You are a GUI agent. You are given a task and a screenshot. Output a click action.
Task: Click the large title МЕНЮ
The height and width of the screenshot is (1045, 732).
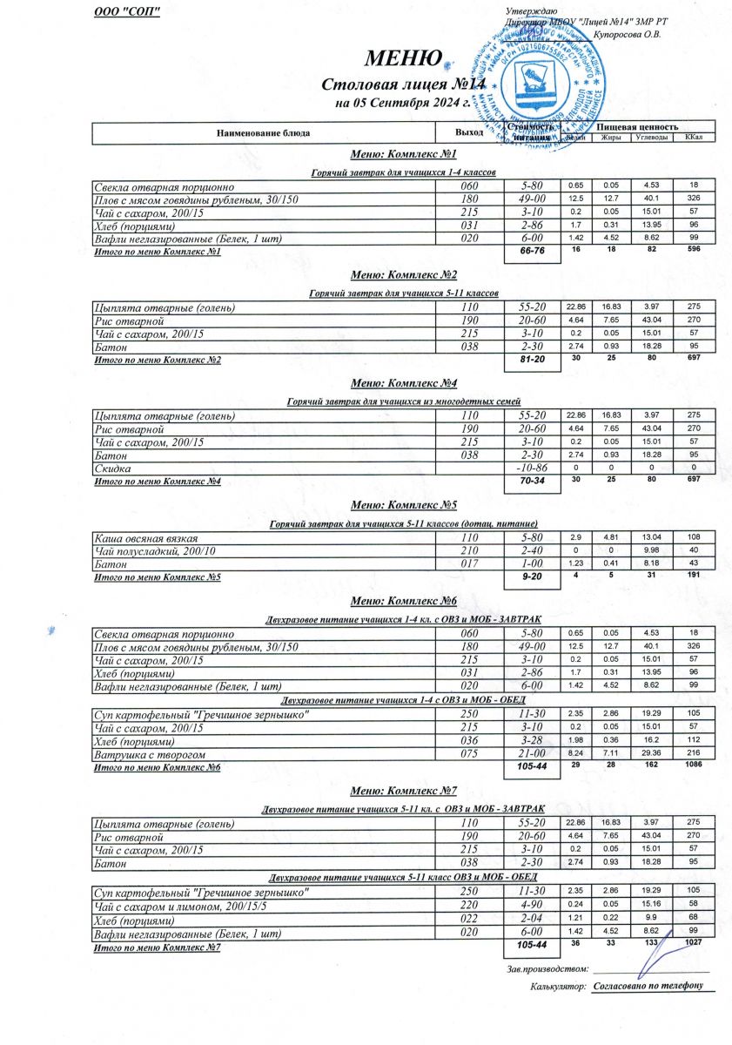[401, 59]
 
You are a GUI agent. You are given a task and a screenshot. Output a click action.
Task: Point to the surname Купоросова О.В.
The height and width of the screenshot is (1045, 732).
[627, 35]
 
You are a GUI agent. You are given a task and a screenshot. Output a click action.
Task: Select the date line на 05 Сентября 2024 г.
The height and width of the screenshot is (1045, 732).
[402, 103]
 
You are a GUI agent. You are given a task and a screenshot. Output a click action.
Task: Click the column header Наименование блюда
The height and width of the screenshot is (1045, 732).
[264, 133]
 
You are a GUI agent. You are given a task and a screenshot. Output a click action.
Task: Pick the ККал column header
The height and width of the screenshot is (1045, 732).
[694, 138]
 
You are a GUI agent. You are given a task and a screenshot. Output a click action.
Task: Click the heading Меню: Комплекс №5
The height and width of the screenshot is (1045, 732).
[403, 505]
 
